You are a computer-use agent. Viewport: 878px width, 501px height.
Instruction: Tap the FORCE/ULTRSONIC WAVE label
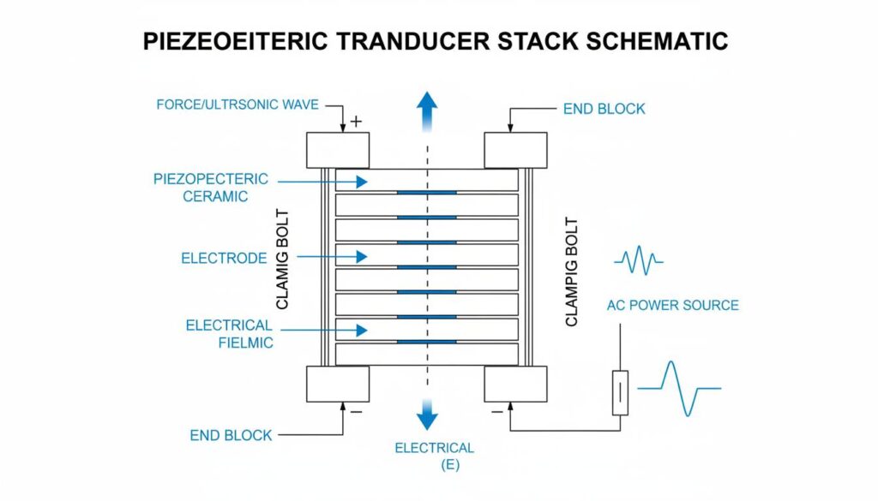point(238,104)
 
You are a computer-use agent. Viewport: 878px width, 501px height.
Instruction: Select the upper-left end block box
point(338,151)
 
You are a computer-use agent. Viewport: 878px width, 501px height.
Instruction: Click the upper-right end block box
point(515,151)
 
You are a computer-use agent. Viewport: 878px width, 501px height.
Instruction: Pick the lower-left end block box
point(338,384)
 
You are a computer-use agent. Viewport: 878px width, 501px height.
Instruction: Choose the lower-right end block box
point(515,384)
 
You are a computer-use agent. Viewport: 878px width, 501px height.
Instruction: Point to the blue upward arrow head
point(426,101)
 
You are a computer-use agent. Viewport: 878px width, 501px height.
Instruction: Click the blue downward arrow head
point(426,418)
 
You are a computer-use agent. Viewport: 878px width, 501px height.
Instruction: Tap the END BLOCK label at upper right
point(604,110)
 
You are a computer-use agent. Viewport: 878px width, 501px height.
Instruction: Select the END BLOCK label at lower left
point(231,435)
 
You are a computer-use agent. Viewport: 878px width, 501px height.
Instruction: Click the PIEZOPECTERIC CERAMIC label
point(212,188)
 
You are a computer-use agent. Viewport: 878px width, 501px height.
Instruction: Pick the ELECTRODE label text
point(224,257)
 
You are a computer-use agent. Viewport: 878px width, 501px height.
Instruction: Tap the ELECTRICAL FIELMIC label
point(229,334)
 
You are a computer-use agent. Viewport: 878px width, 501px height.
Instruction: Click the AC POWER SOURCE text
point(672,305)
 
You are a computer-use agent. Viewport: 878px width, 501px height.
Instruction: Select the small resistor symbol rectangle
point(619,393)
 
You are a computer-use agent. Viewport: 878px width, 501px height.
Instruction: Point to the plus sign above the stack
point(357,122)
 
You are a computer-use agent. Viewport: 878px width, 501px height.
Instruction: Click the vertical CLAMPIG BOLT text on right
point(573,272)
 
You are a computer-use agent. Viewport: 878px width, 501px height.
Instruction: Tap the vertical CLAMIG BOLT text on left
point(284,259)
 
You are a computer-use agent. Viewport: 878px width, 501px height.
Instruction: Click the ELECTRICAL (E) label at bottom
point(434,455)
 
